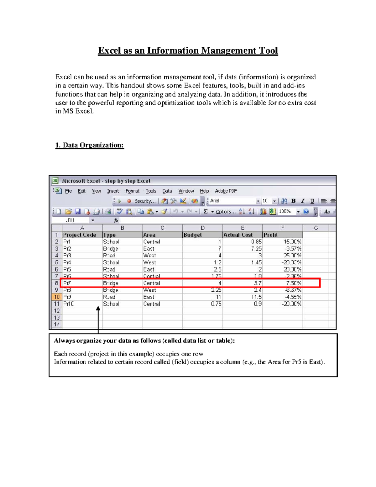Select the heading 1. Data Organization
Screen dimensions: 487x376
[x=90, y=145]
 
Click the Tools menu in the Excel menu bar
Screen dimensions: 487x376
[x=151, y=191]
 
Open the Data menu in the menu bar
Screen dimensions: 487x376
[x=167, y=191]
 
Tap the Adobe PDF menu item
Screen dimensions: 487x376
[x=226, y=191]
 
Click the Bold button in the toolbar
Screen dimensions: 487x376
[x=294, y=201]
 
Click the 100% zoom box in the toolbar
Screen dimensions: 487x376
[x=285, y=212]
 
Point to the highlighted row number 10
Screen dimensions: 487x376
[x=57, y=297]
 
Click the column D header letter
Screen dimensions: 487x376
[x=202, y=228]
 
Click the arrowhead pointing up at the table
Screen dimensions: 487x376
[x=98, y=309]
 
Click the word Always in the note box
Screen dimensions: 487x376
[x=65, y=341]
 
